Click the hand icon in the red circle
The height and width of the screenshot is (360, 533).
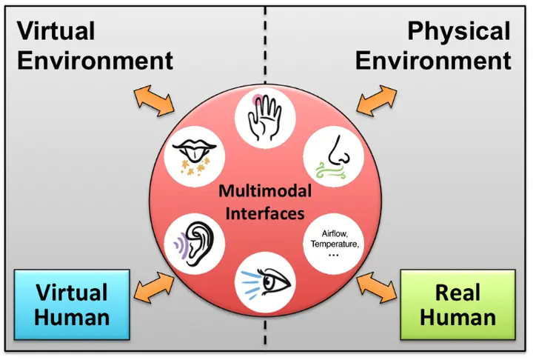click(x=265, y=118)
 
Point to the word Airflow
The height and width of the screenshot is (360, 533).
click(x=335, y=234)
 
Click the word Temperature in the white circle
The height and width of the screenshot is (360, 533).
click(x=334, y=244)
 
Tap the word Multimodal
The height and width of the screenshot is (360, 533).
click(x=265, y=191)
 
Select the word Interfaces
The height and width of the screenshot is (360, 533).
click(x=265, y=213)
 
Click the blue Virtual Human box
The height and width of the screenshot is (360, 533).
click(x=72, y=304)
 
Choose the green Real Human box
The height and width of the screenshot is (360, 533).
click(x=458, y=304)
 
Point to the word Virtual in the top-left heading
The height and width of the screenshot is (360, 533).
click(x=56, y=30)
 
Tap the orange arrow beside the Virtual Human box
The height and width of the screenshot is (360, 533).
click(x=154, y=287)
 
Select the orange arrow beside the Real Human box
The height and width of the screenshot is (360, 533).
click(x=377, y=287)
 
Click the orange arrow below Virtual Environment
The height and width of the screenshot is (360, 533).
click(x=154, y=101)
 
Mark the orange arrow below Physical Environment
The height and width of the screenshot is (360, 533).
click(x=377, y=101)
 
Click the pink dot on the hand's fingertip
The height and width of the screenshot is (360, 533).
click(x=258, y=100)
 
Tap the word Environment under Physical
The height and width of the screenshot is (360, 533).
click(x=433, y=61)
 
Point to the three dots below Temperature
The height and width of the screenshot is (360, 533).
click(x=334, y=255)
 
